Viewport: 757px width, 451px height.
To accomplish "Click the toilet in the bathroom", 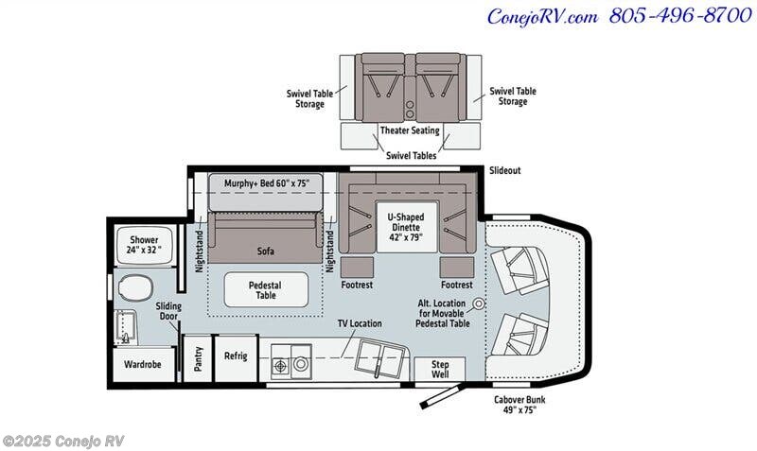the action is (135, 288).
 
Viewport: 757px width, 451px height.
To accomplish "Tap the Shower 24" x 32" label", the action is (144, 245).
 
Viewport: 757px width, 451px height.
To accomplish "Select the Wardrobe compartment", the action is (143, 365).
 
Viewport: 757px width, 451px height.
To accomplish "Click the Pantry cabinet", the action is (198, 359).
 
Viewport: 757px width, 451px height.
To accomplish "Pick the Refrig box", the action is (236, 358).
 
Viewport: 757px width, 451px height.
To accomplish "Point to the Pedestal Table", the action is (266, 289).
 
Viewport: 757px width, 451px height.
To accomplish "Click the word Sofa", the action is (266, 251).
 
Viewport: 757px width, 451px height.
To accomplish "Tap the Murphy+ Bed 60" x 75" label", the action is (267, 183).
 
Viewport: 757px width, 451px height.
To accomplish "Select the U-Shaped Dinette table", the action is (407, 227).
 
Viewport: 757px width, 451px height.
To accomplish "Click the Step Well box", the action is (440, 369).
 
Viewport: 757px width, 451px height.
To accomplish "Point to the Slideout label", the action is (505, 170).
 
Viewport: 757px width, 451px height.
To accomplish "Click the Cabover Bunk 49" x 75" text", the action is (519, 405).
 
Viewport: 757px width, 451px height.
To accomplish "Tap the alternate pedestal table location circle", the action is (479, 304).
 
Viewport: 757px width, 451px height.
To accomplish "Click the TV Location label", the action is (360, 323).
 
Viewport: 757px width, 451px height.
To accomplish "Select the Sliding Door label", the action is (168, 311).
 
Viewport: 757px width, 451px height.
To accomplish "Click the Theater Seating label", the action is (410, 130).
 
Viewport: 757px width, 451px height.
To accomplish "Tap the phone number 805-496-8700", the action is (680, 15).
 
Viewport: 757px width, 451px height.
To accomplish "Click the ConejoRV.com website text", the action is (542, 17).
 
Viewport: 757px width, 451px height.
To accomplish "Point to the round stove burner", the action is (301, 364).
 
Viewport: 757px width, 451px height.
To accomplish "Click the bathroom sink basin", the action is (127, 328).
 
